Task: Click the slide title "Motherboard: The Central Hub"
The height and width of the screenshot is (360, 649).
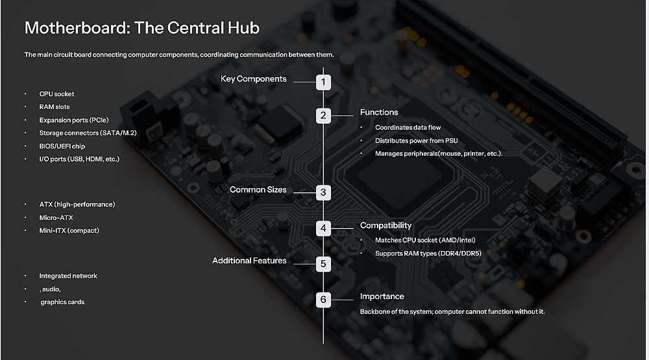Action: [142, 28]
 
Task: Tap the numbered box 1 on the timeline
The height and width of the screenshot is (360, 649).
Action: [323, 82]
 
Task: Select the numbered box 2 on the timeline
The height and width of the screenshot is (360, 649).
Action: [323, 115]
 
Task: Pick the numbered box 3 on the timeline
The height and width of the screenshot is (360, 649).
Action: [323, 193]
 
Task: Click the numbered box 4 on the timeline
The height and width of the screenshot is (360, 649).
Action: [323, 228]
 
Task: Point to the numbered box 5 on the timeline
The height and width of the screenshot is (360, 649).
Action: [323, 264]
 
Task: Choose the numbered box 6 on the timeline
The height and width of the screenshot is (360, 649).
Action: [323, 300]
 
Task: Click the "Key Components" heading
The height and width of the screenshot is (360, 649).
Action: [253, 79]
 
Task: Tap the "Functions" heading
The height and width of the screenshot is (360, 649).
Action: [379, 112]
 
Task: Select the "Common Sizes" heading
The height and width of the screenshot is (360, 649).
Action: [258, 189]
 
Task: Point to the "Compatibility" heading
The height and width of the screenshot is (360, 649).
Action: [386, 226]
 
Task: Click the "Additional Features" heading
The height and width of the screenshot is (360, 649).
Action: [249, 261]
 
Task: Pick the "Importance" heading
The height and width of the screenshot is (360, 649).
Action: [382, 296]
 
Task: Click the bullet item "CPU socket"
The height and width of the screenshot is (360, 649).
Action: [56, 94]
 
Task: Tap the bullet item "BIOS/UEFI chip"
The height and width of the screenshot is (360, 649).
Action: [62, 146]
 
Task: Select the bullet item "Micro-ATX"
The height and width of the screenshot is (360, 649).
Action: [56, 218]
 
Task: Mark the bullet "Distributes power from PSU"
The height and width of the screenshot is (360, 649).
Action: [417, 141]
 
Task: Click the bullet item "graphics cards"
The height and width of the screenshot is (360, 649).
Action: [62, 302]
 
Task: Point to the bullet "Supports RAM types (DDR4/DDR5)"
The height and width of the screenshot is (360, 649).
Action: [428, 253]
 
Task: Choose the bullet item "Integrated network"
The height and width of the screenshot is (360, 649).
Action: [68, 276]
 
